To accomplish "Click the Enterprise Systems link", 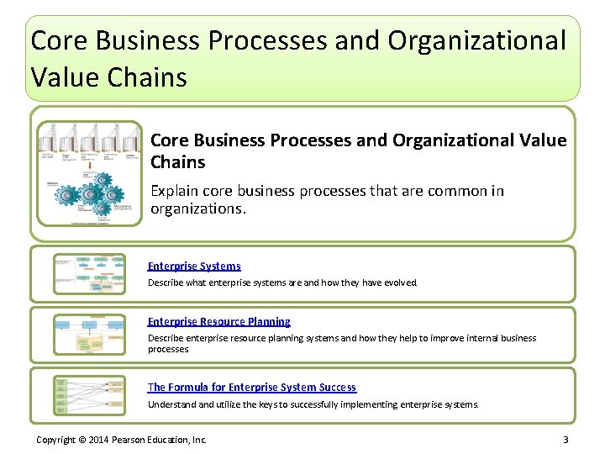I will click(x=194, y=266).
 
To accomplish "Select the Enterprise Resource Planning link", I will click(x=219, y=321).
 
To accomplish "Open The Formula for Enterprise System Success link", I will click(x=252, y=387).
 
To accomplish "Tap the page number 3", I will click(x=566, y=440).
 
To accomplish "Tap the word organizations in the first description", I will click(x=197, y=209).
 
